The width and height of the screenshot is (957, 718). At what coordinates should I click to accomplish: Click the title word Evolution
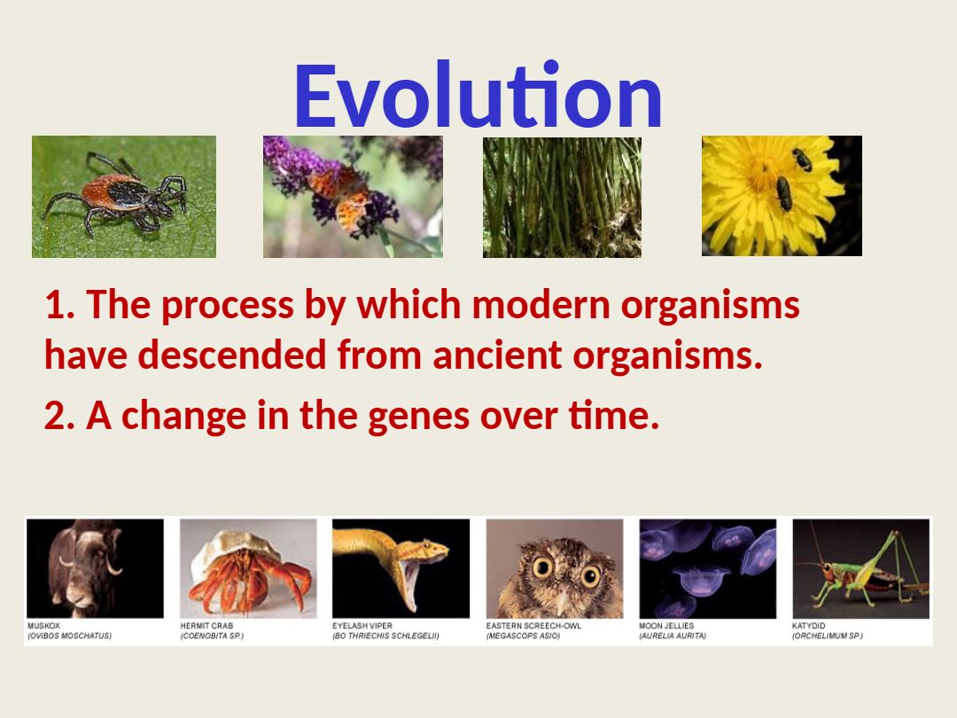478,95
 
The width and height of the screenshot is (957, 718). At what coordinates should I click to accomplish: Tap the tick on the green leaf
116,195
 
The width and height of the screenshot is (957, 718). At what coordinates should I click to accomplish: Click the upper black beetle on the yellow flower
802,160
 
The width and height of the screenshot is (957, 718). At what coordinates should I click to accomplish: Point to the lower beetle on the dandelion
784,193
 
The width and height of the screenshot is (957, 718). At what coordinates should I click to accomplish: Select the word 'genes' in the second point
418,417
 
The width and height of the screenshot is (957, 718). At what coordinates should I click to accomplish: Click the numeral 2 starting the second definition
55,416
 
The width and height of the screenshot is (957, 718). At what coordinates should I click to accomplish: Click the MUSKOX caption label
44,626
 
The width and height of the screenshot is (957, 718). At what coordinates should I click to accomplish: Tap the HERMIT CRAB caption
206,626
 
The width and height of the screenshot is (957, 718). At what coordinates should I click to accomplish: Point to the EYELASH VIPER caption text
362,626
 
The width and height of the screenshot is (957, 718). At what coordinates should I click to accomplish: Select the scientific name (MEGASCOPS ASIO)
523,636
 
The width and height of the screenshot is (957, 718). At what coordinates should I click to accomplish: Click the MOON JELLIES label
666,626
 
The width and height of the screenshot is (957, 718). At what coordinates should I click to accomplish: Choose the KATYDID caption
809,626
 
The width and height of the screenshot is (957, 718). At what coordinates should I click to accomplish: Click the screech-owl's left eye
542,567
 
